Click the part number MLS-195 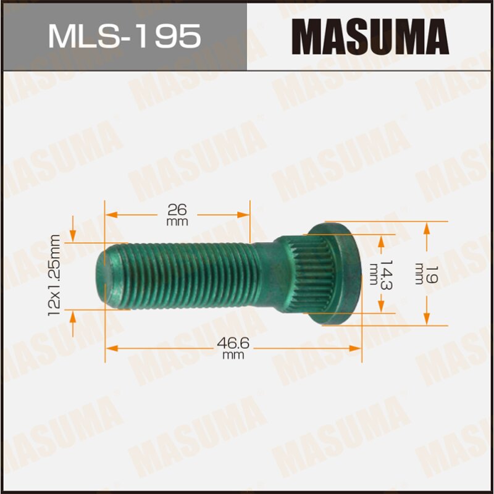124,36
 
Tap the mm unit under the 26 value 177,221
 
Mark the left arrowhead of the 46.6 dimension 110,349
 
